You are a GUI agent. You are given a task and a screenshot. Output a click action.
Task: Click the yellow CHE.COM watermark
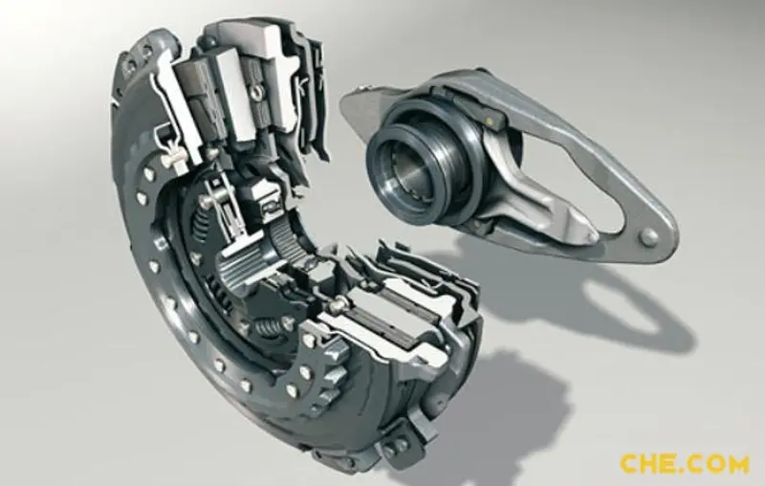684,464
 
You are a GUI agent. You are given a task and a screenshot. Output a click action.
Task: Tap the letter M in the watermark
735,464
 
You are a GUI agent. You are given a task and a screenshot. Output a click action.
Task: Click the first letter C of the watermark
630,464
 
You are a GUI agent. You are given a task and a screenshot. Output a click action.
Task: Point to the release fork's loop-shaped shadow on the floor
620,312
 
